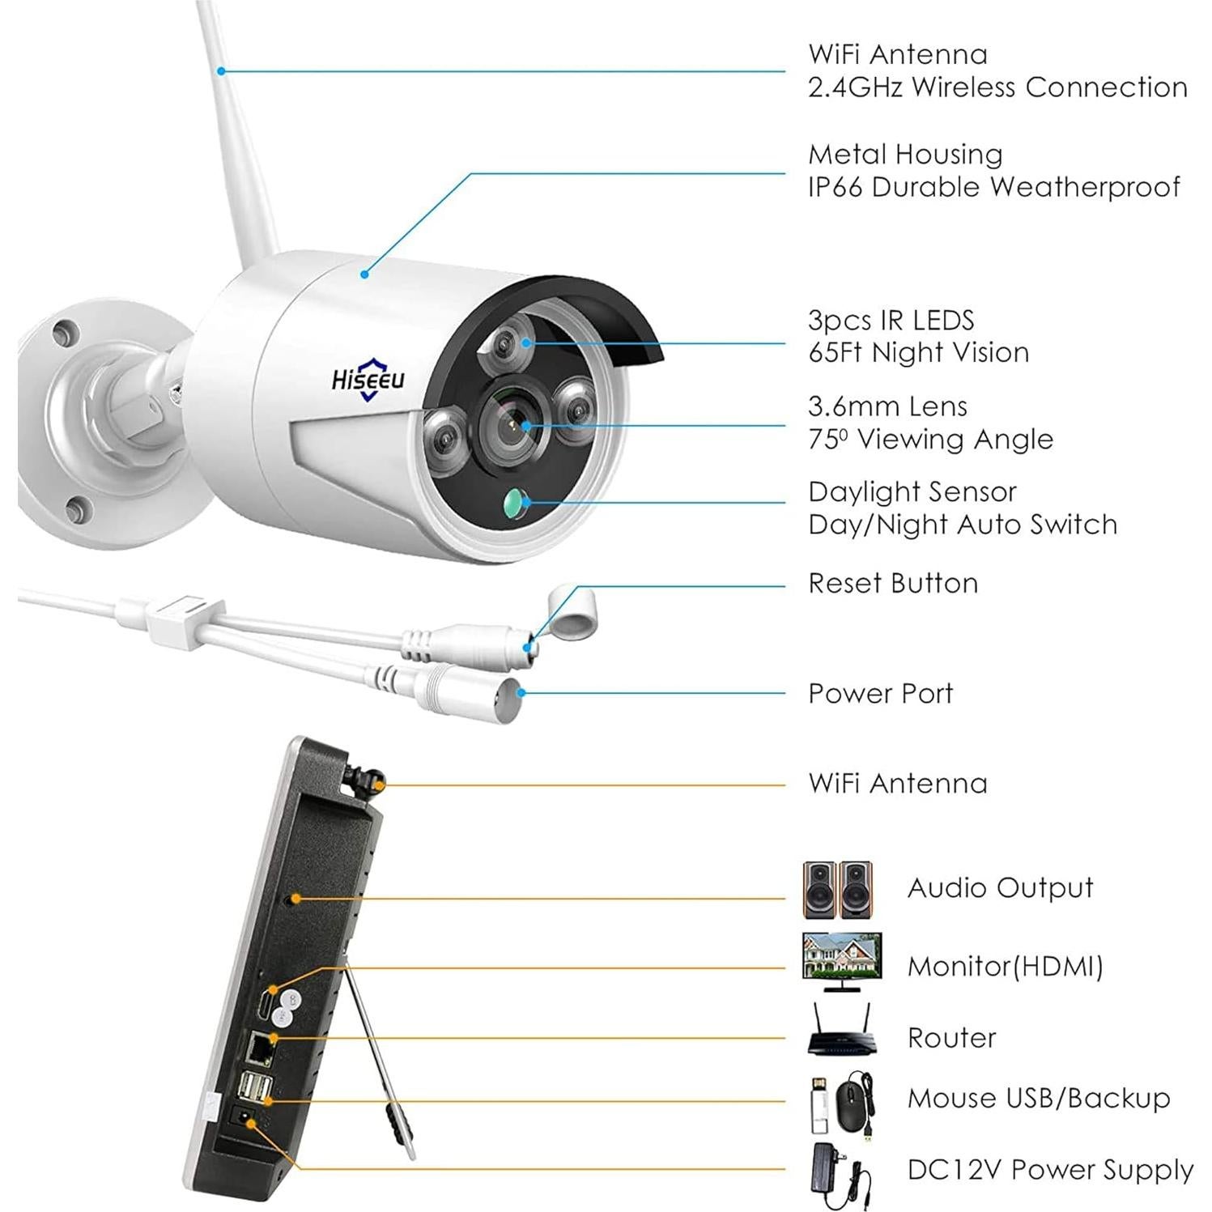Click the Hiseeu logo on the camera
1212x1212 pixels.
tap(368, 379)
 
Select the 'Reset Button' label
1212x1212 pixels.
tap(893, 584)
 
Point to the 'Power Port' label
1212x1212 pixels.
tap(881, 694)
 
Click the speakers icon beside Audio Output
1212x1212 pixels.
tap(838, 889)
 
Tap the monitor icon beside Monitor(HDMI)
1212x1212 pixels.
tap(841, 963)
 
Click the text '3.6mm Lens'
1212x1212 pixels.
tap(887, 406)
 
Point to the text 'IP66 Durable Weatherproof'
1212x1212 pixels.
tap(994, 187)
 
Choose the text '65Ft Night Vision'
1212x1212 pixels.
tap(919, 353)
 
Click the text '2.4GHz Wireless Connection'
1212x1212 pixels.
tap(997, 87)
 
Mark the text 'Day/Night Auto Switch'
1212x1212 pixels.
tap(963, 525)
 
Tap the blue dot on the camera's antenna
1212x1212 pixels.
tap(221, 71)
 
